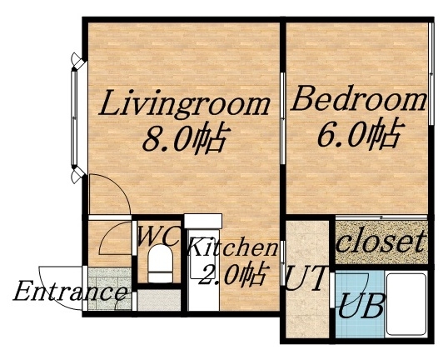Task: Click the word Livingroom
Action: [185, 105]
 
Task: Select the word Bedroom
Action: [358, 101]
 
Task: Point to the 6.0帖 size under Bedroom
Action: [358, 132]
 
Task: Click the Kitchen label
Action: [231, 247]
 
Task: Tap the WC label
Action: [157, 236]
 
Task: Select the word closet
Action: [382, 242]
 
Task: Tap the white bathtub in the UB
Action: [405, 303]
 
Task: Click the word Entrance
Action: [71, 292]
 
